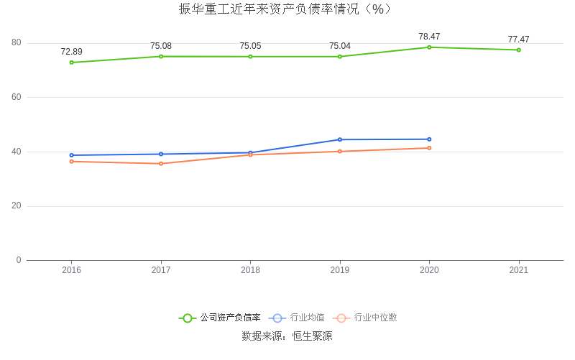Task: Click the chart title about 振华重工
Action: tap(285, 9)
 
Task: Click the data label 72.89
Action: tap(71, 52)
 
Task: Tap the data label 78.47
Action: tap(429, 37)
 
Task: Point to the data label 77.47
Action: tap(518, 40)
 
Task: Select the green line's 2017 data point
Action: tap(161, 56)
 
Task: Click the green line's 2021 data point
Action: tap(518, 50)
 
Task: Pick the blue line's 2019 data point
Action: tap(340, 139)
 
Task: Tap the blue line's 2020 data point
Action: tap(429, 139)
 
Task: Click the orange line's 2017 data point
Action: tap(161, 164)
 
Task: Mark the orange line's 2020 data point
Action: tap(429, 148)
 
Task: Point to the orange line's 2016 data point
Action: tap(71, 161)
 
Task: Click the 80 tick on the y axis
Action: tap(17, 43)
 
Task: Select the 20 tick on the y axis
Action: tap(17, 206)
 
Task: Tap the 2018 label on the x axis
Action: tap(250, 270)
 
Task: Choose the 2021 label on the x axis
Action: tap(518, 270)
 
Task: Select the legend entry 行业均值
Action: tap(307, 318)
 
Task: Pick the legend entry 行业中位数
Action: tap(375, 318)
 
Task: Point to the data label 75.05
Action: tap(250, 46)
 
